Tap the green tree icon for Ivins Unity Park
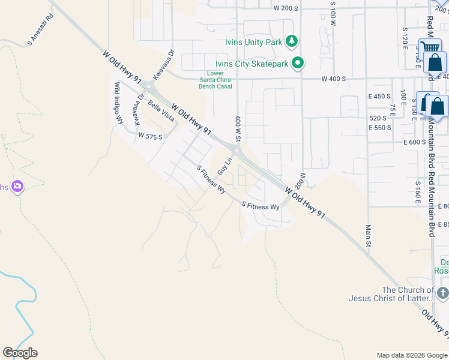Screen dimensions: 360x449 [292, 41]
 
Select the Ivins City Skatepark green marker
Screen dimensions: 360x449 [298, 63]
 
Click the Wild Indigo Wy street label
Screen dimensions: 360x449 [118, 104]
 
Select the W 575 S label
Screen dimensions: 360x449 [151, 136]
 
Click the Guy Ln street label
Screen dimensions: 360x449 [224, 166]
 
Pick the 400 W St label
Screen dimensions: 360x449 [238, 128]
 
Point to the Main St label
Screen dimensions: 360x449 [369, 236]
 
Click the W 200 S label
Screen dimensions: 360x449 [285, 8]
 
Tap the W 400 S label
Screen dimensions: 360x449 [334, 79]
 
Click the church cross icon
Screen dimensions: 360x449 [442, 293]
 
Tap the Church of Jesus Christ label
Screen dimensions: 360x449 [391, 294]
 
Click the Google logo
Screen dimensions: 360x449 [20, 353]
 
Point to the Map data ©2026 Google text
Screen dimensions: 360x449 [412, 355]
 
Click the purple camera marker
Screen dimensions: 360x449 [17, 187]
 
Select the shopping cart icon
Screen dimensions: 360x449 [429, 47]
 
